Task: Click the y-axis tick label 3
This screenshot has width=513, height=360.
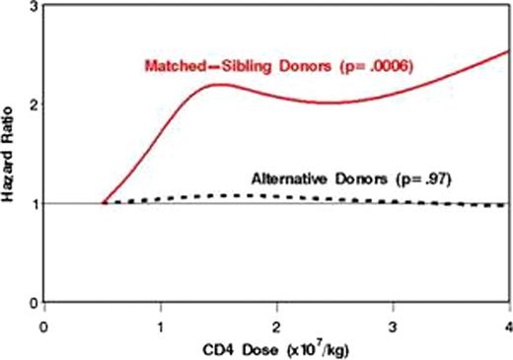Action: pyautogui.click(x=34, y=8)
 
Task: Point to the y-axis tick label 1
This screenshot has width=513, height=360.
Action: pyautogui.click(x=34, y=204)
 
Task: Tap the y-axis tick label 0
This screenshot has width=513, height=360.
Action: pyautogui.click(x=34, y=302)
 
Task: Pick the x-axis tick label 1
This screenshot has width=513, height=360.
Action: pyautogui.click(x=160, y=322)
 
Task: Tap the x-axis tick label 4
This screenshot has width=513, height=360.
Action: pyautogui.click(x=508, y=322)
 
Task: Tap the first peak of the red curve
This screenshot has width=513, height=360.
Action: pyautogui.click(x=219, y=85)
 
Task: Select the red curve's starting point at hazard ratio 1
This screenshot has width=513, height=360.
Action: pyautogui.click(x=103, y=203)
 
